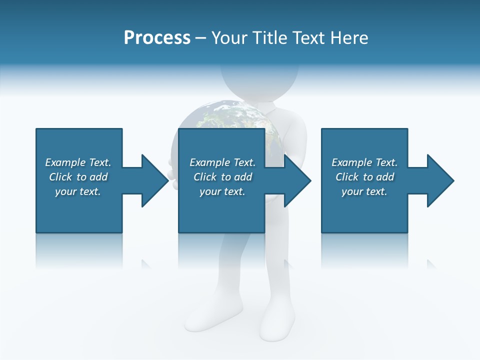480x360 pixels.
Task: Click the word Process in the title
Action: pyautogui.click(x=157, y=37)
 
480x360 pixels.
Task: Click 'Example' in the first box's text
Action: pyautogui.click(x=65, y=162)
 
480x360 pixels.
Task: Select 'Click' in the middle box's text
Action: pyautogui.click(x=204, y=177)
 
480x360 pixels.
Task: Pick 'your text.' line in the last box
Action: pyautogui.click(x=364, y=191)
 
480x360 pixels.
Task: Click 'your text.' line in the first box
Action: pyautogui.click(x=78, y=191)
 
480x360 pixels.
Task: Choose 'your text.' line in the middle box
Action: pyautogui.click(x=222, y=191)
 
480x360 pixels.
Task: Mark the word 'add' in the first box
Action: pyautogui.click(x=99, y=177)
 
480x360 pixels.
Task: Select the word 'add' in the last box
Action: pyautogui.click(x=385, y=177)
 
